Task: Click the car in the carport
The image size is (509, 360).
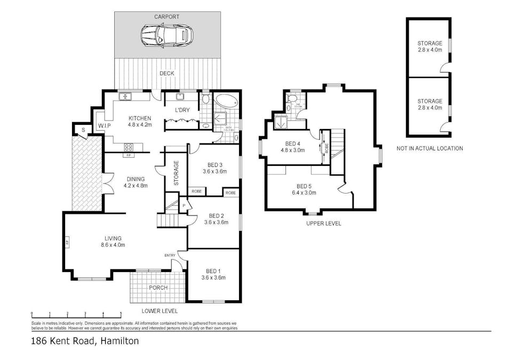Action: coord(166,36)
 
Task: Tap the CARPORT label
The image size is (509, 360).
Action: coord(166,17)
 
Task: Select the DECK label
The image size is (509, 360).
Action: coord(167,74)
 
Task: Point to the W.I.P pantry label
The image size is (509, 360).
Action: coord(104,126)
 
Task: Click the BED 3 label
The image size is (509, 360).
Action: coord(215,168)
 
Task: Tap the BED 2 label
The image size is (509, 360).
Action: coord(216,219)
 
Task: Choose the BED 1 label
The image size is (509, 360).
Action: coord(213,274)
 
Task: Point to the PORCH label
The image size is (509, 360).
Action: coord(158,287)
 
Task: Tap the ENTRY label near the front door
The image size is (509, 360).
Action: coord(170,255)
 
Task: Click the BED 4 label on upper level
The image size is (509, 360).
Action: coord(295,147)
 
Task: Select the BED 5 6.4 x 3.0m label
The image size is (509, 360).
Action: coord(306,189)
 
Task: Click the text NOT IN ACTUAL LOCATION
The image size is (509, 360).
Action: coord(430,148)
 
